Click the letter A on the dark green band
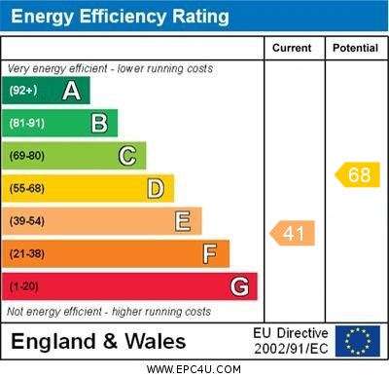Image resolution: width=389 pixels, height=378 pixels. [x=71, y=91]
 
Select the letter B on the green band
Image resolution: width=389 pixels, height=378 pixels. [x=99, y=123]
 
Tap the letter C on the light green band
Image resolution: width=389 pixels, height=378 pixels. [x=126, y=156]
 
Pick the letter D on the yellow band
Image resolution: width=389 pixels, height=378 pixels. [x=155, y=188]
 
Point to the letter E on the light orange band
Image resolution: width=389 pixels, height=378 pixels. [x=182, y=221]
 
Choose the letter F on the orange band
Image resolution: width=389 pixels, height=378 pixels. [x=209, y=254]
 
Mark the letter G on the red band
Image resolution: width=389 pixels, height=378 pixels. [x=238, y=287]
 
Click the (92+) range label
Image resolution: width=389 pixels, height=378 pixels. [x=23, y=91]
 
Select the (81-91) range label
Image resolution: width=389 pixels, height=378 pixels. [x=27, y=123]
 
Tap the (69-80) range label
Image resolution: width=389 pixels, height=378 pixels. [x=27, y=156]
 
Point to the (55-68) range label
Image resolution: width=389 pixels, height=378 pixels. [x=27, y=188]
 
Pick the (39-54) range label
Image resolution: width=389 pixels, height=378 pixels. [x=27, y=221]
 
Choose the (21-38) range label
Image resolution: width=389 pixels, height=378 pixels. [x=27, y=254]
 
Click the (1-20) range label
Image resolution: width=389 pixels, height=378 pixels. [x=24, y=287]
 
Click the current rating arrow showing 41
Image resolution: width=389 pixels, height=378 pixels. [x=293, y=233]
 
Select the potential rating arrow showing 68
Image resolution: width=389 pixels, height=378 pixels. [x=357, y=175]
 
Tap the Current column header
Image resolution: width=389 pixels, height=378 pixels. [x=292, y=48]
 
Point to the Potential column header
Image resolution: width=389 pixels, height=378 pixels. [x=355, y=48]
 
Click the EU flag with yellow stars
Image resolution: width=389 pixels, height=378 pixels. [x=357, y=341]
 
